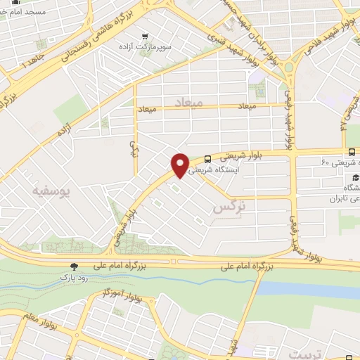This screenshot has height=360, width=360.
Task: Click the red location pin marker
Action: click(180, 165)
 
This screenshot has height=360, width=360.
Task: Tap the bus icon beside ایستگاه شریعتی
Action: click(208, 160)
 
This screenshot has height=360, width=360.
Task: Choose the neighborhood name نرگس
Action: click(231, 207)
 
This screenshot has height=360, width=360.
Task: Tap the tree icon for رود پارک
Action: click(73, 266)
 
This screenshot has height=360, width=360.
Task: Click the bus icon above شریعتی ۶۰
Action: click(352, 152)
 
